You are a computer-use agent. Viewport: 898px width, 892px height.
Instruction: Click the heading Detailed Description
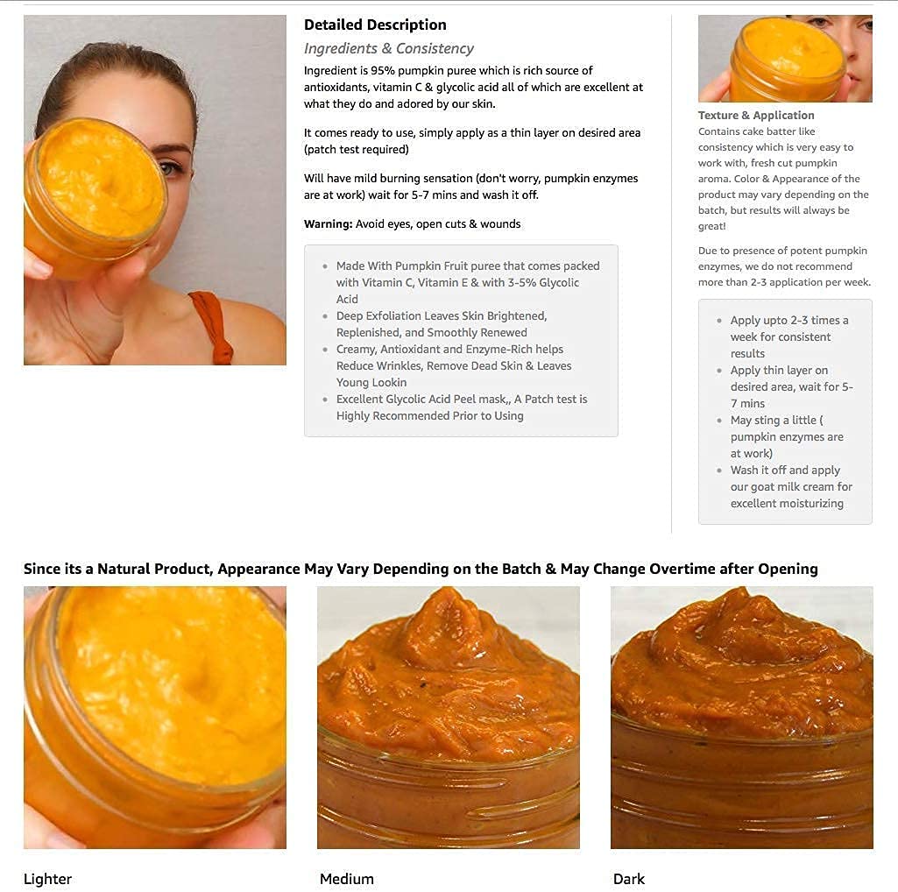coord(375,25)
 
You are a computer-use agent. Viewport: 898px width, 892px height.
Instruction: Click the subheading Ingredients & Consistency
coord(388,49)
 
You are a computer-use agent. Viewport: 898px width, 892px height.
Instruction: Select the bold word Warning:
coord(328,224)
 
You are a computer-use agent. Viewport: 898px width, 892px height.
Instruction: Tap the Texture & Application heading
coord(755,116)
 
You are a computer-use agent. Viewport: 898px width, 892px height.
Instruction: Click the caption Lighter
coord(47,879)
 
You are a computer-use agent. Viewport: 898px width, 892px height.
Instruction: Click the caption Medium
coord(346,879)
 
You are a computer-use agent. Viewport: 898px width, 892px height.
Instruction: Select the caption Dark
coord(628,879)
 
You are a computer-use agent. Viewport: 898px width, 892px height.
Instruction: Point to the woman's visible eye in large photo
coord(173,166)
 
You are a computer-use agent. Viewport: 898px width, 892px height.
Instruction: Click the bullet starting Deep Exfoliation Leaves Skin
coord(441,324)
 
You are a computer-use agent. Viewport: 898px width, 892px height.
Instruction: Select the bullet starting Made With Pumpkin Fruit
coord(467,282)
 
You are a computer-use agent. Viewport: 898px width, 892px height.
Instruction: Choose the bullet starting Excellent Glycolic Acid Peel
coord(461,407)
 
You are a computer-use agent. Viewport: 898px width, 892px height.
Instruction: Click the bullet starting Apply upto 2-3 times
coord(789,336)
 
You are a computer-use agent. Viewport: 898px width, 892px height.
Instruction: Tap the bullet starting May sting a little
coord(787,436)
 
